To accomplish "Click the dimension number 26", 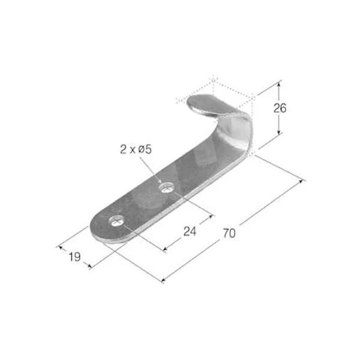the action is click(x=280, y=108).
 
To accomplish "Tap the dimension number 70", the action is click(x=229, y=233).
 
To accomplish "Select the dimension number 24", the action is click(x=190, y=231).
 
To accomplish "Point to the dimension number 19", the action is click(x=74, y=257).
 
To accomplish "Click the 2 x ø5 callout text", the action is click(x=136, y=149).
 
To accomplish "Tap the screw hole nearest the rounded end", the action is click(x=116, y=221).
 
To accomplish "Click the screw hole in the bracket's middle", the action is click(x=167, y=187).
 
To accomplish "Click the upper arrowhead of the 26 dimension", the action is click(x=279, y=85).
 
